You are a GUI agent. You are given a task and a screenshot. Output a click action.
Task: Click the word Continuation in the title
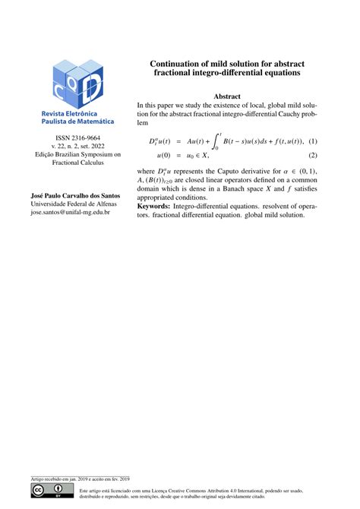pos(181,64)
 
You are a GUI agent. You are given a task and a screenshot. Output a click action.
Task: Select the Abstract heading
pos(227,96)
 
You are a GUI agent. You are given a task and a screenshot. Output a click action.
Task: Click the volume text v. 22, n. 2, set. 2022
pos(69,146)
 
